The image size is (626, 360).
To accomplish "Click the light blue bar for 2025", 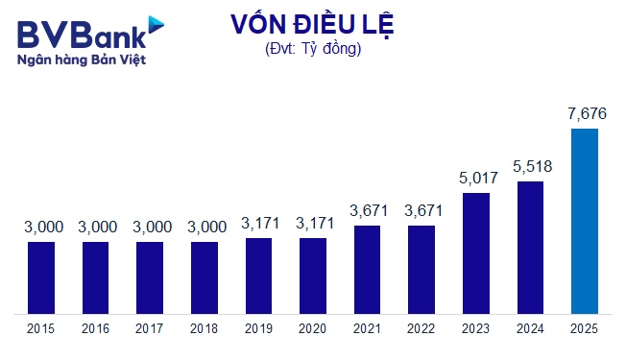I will coord(585,221).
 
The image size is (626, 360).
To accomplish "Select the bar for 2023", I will coord(476,253).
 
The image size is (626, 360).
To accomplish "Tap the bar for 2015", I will coord(41,277).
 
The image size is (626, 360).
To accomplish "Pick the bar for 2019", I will coord(258,276).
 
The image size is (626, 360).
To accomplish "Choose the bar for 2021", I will coord(367,270).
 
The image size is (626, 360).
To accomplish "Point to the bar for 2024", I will coord(530,248).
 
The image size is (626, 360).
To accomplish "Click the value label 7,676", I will coord(585,115).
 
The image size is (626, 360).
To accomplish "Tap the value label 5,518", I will coord(530,166).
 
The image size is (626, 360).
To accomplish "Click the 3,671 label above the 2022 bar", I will coord(421,211).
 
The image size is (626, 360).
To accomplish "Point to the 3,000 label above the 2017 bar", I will coord(150,228).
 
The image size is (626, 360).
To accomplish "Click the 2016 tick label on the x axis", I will coord(95,329).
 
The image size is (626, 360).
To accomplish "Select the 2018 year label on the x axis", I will coord(205,329).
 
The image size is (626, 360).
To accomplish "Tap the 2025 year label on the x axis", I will coord(585,329).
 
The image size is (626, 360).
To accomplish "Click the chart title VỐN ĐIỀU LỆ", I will coord(312,26).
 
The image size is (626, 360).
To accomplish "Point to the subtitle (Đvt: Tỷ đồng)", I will coord(312,50).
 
